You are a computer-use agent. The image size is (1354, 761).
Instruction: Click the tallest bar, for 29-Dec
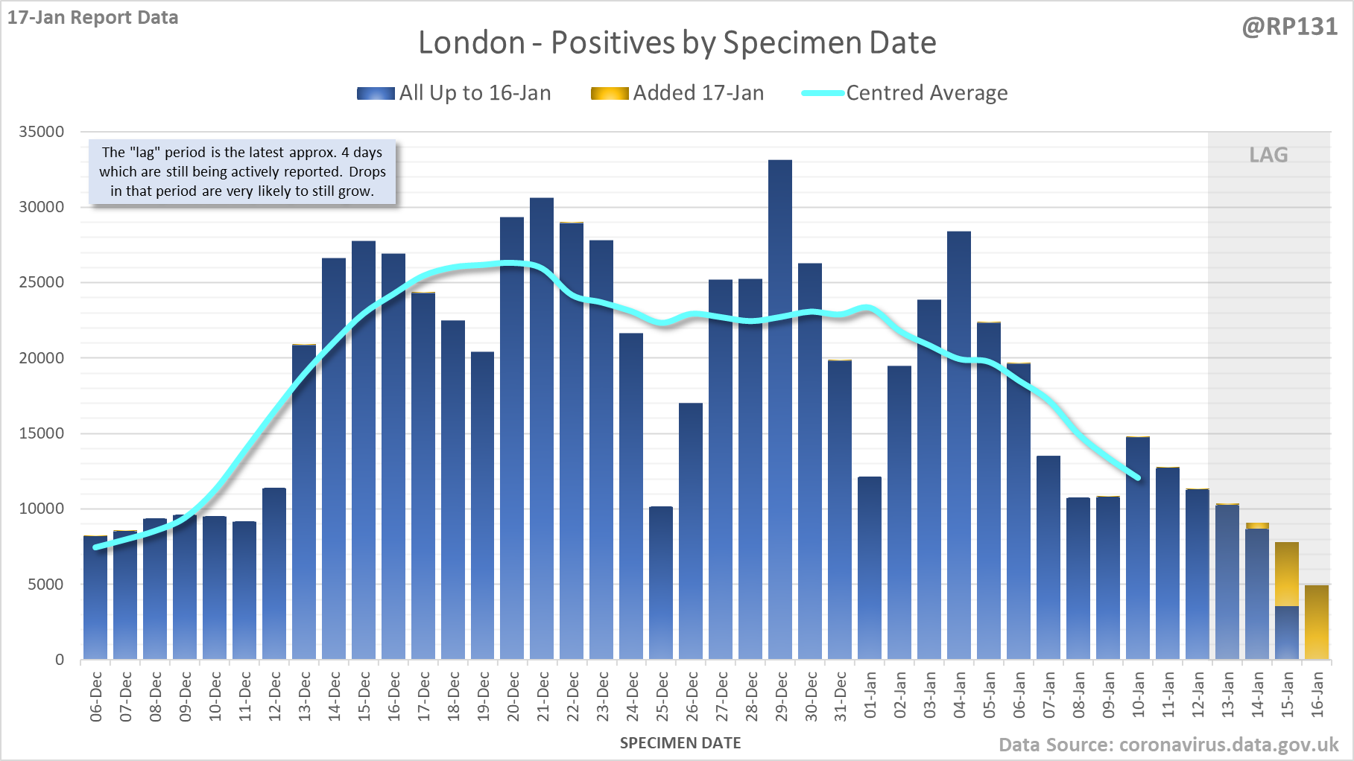780,410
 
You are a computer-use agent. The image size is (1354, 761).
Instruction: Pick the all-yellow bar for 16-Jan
1317,623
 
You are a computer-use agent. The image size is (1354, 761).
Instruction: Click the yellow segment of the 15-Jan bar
1287,573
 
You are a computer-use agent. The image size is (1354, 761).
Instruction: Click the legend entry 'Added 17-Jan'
677,93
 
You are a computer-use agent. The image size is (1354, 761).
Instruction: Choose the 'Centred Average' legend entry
905,93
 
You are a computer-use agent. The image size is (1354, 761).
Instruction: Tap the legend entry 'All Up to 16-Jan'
454,93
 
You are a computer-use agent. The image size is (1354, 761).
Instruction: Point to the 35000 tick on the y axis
42,132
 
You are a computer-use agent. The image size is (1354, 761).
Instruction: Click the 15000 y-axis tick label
42,433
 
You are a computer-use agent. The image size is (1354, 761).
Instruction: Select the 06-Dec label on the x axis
96,697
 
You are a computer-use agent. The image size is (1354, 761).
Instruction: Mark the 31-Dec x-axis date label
841,697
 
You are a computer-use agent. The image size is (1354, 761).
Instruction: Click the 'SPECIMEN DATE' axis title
680,743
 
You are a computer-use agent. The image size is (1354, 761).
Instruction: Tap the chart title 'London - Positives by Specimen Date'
677,42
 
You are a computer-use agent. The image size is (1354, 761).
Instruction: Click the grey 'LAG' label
1268,155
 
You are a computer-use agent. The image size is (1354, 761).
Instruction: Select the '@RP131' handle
1289,27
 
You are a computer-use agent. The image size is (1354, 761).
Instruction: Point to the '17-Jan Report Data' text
93,17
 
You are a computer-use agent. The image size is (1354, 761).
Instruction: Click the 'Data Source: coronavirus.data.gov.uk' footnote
1168,745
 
